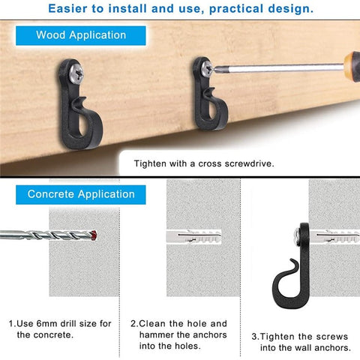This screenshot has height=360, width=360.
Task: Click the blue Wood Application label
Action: coord(81,35)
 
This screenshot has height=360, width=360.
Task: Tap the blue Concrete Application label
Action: coord(81,194)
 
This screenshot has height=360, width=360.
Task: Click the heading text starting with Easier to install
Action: coord(180,10)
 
